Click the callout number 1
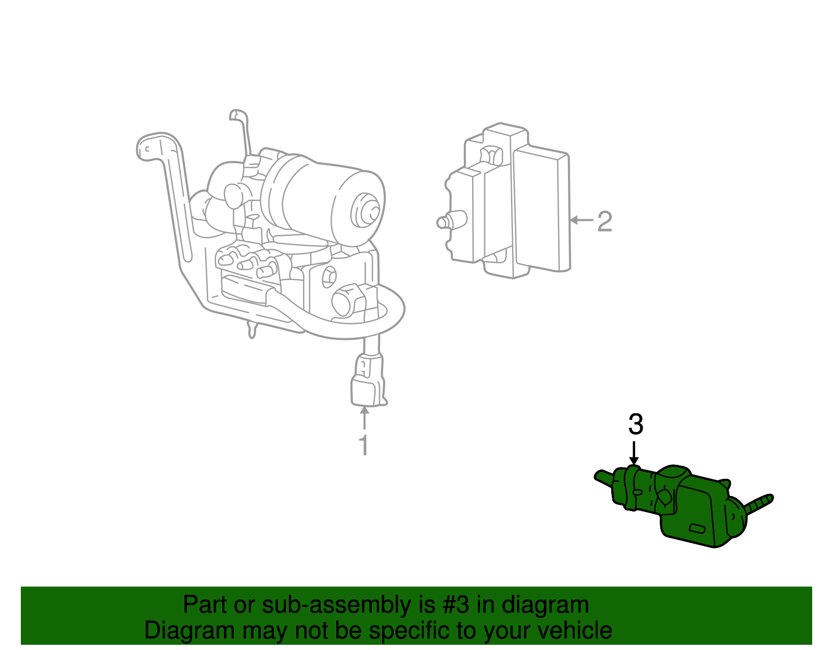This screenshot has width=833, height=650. [364, 445]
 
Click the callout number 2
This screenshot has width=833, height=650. [604, 221]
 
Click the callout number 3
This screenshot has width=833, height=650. [636, 425]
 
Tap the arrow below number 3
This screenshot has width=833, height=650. [634, 453]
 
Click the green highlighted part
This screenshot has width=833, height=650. [687, 505]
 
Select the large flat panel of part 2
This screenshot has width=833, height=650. [541, 211]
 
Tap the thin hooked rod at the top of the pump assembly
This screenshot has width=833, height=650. [241, 130]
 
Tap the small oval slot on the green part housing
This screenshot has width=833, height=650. [696, 529]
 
